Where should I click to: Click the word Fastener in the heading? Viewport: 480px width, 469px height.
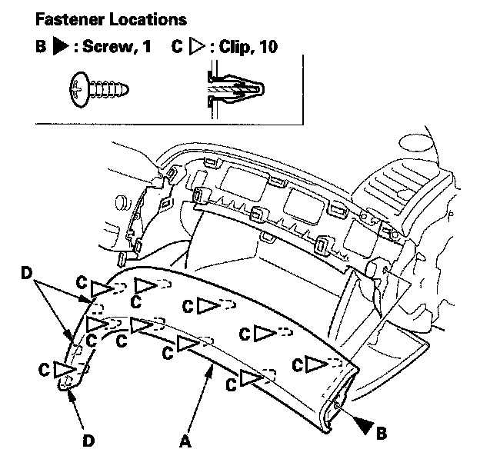pyautogui.click(x=70, y=19)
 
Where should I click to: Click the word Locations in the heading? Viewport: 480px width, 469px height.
pyautogui.click(x=148, y=19)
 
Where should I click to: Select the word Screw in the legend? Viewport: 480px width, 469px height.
pyautogui.click(x=107, y=46)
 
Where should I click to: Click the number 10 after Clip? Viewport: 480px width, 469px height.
pyautogui.click(x=268, y=47)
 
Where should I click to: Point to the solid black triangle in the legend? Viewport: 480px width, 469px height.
pyautogui.click(x=61, y=46)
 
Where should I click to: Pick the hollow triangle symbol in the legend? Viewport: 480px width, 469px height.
pyautogui.click(x=197, y=46)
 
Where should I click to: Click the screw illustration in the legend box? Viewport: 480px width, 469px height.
pyautogui.click(x=99, y=90)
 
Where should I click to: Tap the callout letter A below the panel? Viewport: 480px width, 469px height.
pyautogui.click(x=185, y=442)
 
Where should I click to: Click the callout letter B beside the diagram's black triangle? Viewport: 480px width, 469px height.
pyautogui.click(x=381, y=433)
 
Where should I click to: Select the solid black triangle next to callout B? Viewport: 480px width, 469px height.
pyautogui.click(x=364, y=425)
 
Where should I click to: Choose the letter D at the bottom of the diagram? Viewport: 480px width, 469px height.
pyautogui.click(x=88, y=441)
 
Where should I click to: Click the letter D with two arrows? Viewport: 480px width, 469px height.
pyautogui.click(x=27, y=273)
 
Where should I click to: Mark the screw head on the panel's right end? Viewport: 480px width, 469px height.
pyautogui.click(x=336, y=405)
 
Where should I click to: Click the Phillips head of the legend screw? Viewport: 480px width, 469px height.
pyautogui.click(x=78, y=90)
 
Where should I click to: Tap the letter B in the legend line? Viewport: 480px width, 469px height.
pyautogui.click(x=41, y=46)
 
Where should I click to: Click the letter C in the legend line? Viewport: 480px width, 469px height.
pyautogui.click(x=177, y=46)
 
